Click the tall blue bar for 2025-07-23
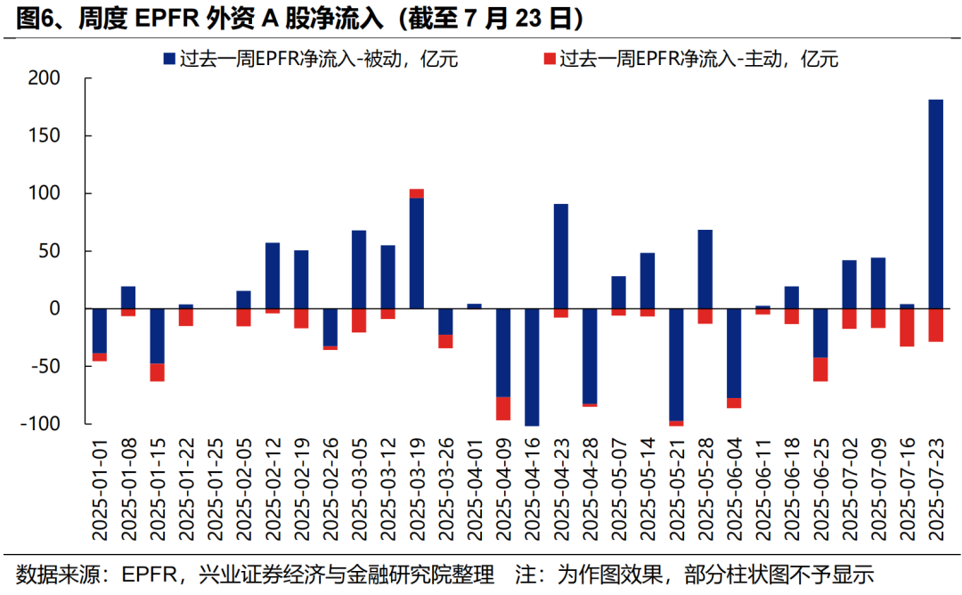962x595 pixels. (x=935, y=203)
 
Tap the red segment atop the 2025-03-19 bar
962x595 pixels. (x=416, y=193)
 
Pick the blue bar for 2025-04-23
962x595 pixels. (x=560, y=256)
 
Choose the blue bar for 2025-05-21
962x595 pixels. (x=676, y=364)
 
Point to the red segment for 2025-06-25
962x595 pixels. (x=820, y=369)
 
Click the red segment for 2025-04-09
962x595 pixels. (x=503, y=408)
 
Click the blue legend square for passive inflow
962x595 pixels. (x=168, y=60)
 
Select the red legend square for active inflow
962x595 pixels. (x=549, y=60)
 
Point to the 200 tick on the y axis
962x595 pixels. (x=44, y=78)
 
